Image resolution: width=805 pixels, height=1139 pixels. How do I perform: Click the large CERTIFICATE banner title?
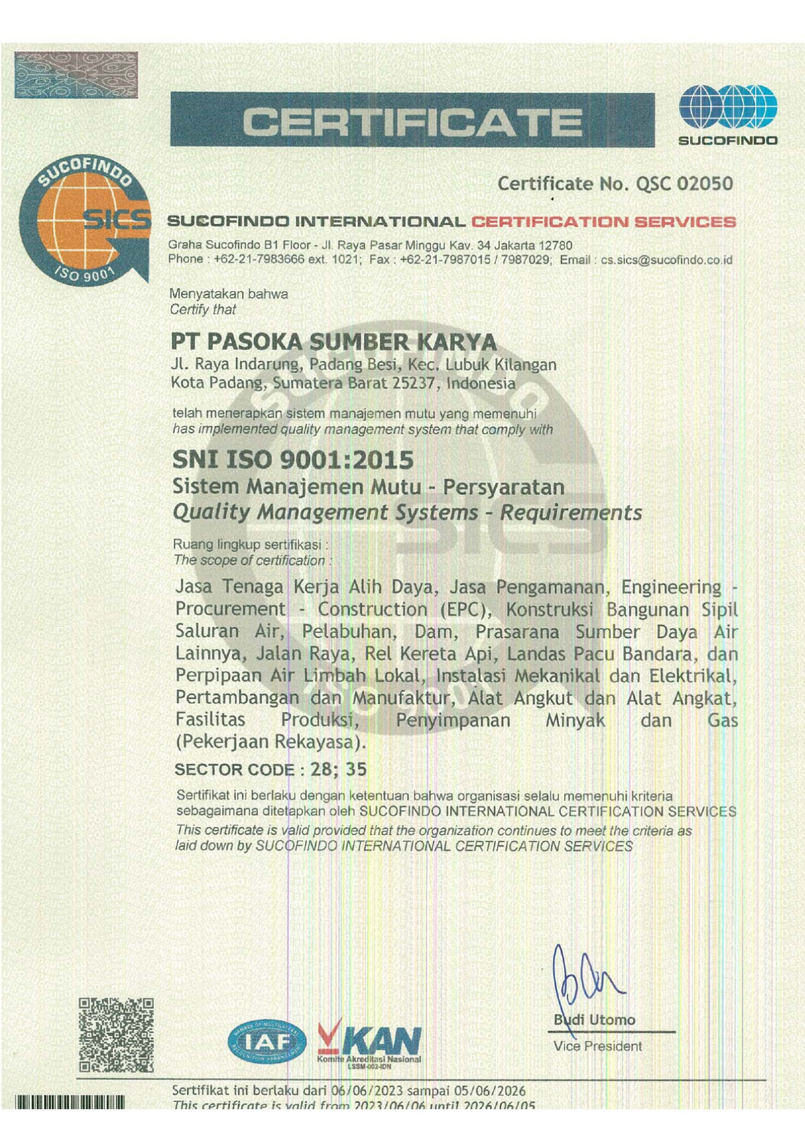(412, 121)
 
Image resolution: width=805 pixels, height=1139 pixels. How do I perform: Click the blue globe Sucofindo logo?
(728, 108)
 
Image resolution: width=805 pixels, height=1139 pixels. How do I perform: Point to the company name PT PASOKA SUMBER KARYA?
(334, 342)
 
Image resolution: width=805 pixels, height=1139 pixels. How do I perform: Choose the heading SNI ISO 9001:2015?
(293, 460)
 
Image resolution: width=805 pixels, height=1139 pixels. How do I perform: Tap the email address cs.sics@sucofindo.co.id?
(666, 260)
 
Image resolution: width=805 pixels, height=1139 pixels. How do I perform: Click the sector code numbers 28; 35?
(338, 769)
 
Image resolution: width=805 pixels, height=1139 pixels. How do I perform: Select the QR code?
(116, 1035)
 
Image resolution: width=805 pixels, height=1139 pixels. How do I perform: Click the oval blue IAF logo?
(267, 1042)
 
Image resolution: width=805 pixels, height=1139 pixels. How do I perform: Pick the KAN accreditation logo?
(369, 1042)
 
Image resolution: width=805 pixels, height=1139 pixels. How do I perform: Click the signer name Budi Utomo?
(595, 1020)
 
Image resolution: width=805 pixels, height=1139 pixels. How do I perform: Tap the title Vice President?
(597, 1046)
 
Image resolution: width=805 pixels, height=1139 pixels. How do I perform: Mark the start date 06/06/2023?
(367, 1090)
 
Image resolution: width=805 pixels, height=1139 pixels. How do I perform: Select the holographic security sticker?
(76, 75)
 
